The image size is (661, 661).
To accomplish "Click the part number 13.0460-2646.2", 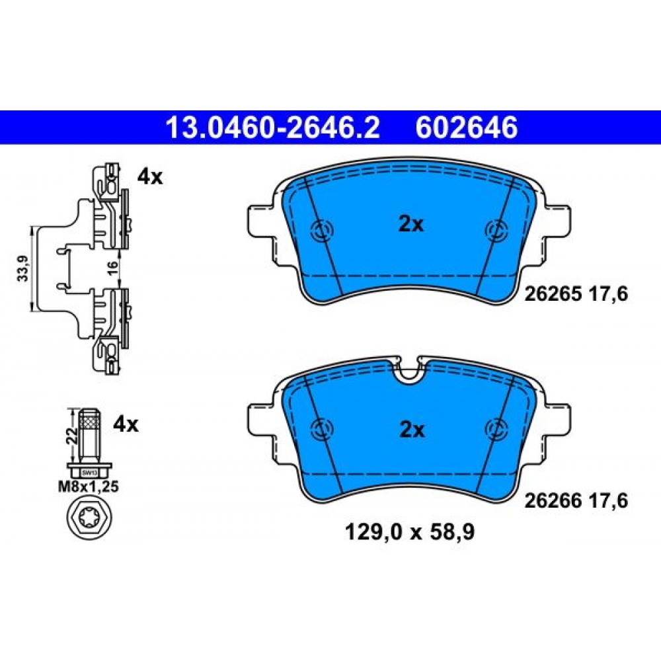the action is pyautogui.click(x=273, y=128).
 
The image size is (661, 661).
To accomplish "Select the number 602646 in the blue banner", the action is pyautogui.click(x=466, y=128).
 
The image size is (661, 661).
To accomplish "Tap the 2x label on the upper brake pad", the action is pyautogui.click(x=411, y=225).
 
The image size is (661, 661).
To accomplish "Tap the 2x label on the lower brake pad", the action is pyautogui.click(x=411, y=430).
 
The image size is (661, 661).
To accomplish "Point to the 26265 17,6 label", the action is pyautogui.click(x=576, y=294).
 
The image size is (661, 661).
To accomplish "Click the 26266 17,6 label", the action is pyautogui.click(x=576, y=501).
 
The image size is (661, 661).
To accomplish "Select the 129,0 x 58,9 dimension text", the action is pyautogui.click(x=410, y=532).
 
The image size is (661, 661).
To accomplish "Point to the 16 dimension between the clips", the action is pyautogui.click(x=112, y=268).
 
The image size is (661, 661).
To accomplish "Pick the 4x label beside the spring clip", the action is pyautogui.click(x=149, y=177).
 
